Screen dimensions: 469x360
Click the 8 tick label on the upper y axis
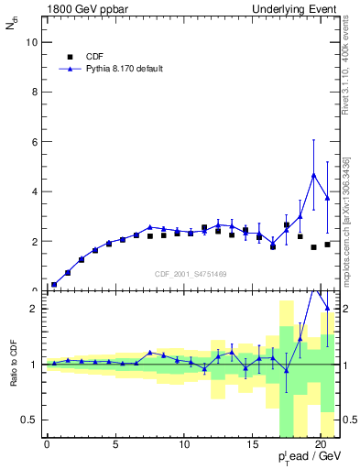click(33, 93)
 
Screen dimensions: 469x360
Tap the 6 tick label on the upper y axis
click(33, 142)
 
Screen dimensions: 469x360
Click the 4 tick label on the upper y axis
click(33, 191)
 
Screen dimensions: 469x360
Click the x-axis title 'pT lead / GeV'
click(309, 456)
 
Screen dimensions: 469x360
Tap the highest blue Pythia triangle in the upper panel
click(314, 175)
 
